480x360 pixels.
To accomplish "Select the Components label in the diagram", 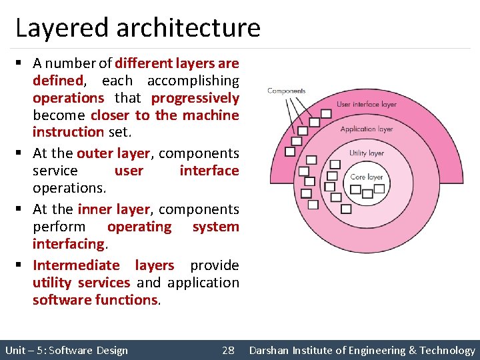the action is [286, 91].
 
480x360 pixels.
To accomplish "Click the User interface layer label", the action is [366, 104].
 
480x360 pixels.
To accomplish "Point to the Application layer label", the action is [366, 129].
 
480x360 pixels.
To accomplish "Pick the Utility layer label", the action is [366, 153].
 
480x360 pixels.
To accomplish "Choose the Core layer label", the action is [366, 177].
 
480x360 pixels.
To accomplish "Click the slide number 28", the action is [228, 350].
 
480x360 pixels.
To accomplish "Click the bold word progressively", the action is [195, 98].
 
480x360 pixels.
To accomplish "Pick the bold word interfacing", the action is [69, 244].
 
